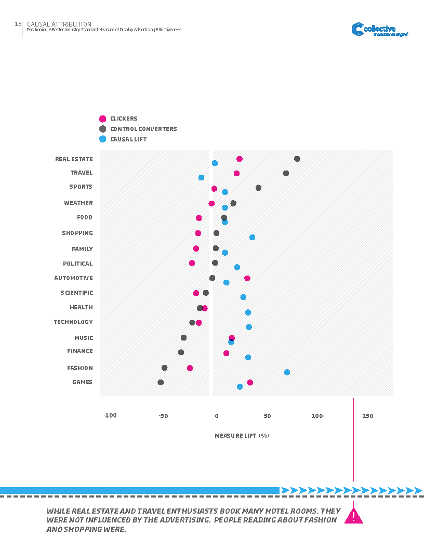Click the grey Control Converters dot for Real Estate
pos(297,159)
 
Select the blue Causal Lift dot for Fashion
pos(287,372)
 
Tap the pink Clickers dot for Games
pos(250,382)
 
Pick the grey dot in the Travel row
pos(286,173)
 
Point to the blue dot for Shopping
pos(252,237)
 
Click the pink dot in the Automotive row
pos(247,278)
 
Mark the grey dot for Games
pos(161,382)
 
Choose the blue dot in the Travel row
pos(201,177)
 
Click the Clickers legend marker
pos(103,119)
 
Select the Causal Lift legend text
pos(128,139)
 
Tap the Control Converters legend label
pos(143,129)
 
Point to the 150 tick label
pos(367,416)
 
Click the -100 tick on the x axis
pos(110,416)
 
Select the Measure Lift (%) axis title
pos(242,436)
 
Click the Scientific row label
pos(76,293)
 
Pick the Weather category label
pos(78,203)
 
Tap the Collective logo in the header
pos(380,30)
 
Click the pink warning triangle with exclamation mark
pos(354,515)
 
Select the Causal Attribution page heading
pos(59,24)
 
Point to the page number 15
pos(18,24)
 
